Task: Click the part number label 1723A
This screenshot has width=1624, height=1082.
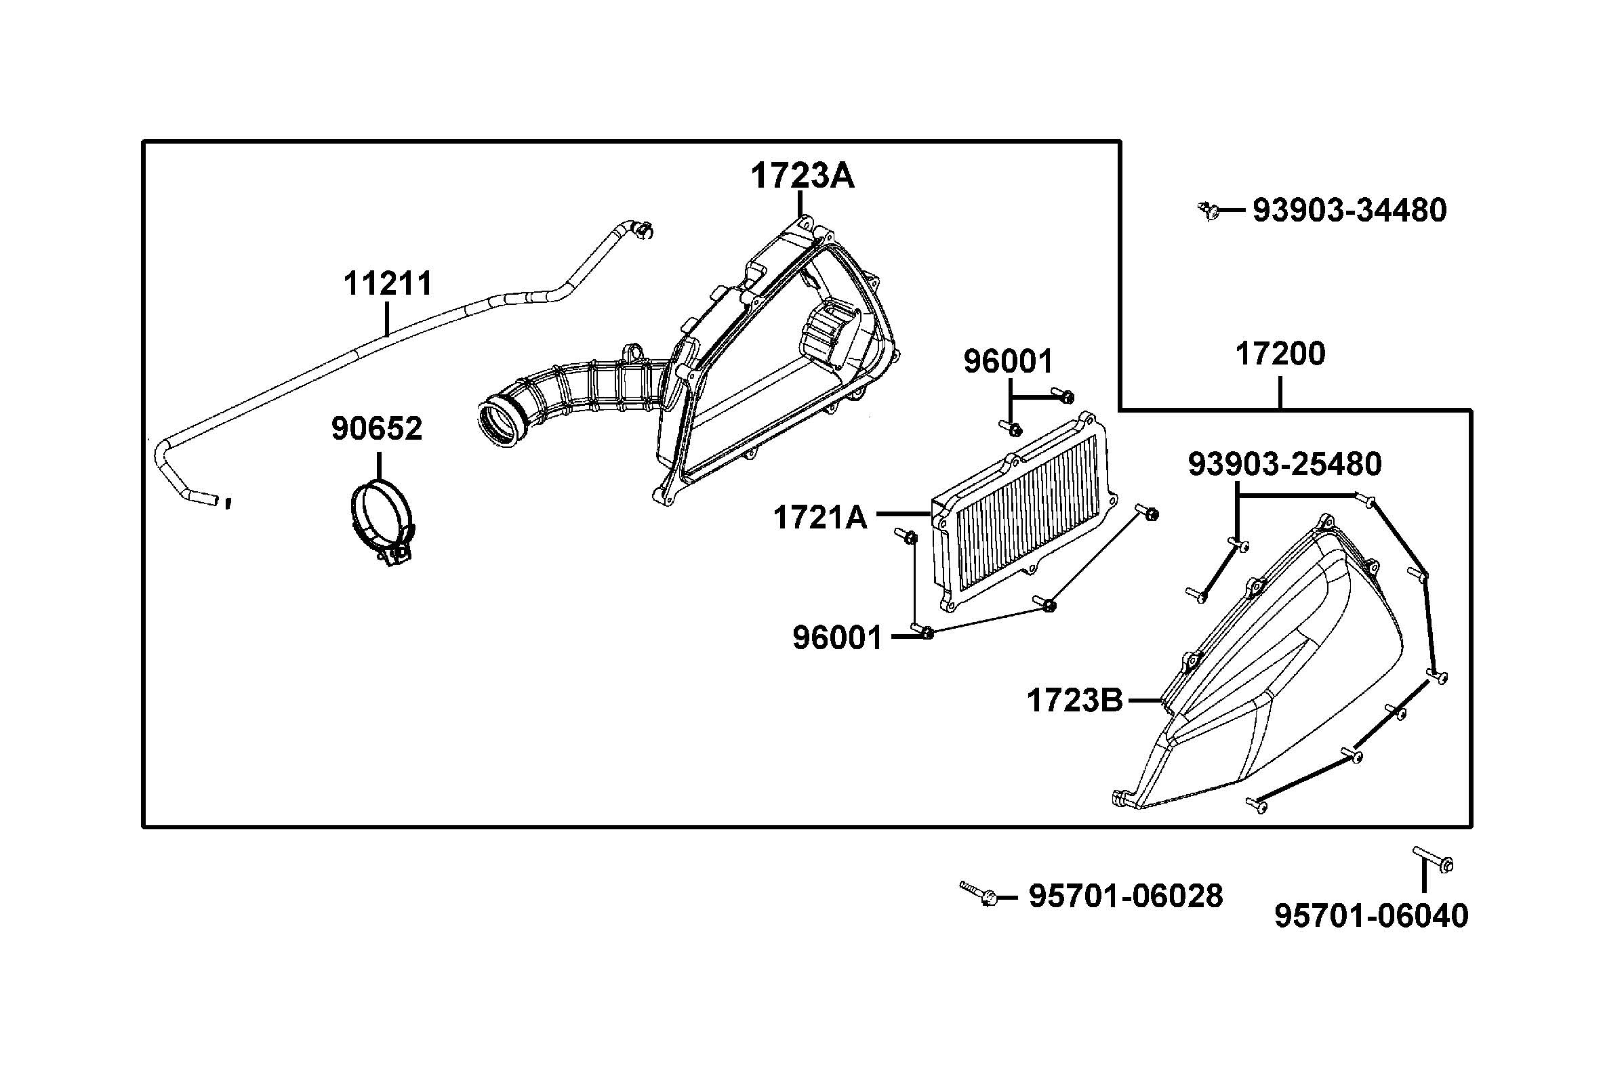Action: click(x=802, y=176)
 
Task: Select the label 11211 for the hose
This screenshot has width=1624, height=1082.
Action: click(x=387, y=284)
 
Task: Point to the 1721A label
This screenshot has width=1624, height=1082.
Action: click(x=819, y=518)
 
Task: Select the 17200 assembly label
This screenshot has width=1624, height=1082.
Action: click(x=1280, y=354)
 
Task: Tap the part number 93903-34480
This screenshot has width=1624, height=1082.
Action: click(x=1349, y=211)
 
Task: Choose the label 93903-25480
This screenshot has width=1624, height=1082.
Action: click(x=1284, y=464)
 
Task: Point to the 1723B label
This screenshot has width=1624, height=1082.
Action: click(x=1074, y=701)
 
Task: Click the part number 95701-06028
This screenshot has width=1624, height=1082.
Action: click(x=1126, y=896)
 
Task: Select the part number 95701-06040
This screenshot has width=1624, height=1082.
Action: click(x=1371, y=916)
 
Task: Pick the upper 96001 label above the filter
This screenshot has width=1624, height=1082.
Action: click(x=1008, y=362)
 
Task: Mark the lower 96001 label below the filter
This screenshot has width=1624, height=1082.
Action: click(x=837, y=638)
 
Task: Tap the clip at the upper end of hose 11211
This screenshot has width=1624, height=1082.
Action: click(x=161, y=230)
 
